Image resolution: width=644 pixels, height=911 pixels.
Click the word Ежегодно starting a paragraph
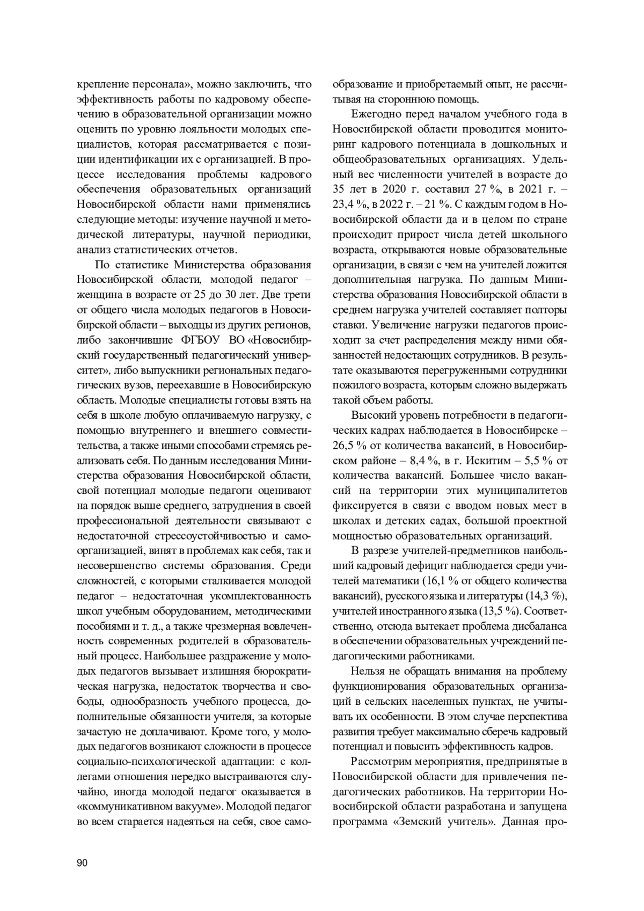[x=375, y=114]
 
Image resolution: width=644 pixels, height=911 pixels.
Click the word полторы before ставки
[x=546, y=310]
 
